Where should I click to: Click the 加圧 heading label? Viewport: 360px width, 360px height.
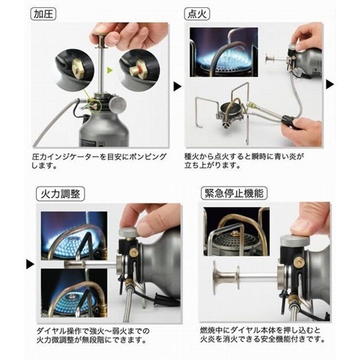coord(43,14)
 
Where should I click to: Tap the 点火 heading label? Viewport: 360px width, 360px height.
coord(197,14)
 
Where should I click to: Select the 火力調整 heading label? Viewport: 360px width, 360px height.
coord(60,194)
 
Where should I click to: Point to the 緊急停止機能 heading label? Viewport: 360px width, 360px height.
coord(234,193)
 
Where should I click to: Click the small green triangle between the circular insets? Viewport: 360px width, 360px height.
coord(109,71)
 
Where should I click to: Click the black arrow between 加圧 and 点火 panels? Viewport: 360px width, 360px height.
coord(177,86)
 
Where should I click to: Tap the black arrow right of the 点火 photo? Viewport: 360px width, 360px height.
coord(330,84)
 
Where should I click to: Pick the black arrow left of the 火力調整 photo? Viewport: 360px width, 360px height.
coord(30,264)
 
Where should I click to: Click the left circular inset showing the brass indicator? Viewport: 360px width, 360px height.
coord(74,68)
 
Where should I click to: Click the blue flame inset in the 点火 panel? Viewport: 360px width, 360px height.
coord(224,52)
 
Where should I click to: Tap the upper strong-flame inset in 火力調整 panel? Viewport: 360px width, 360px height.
coord(74,236)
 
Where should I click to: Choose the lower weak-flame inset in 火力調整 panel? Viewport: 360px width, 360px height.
coord(74,293)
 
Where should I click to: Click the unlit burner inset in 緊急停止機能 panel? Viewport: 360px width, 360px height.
coord(236,232)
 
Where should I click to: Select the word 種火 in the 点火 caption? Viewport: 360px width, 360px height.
coord(192,157)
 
